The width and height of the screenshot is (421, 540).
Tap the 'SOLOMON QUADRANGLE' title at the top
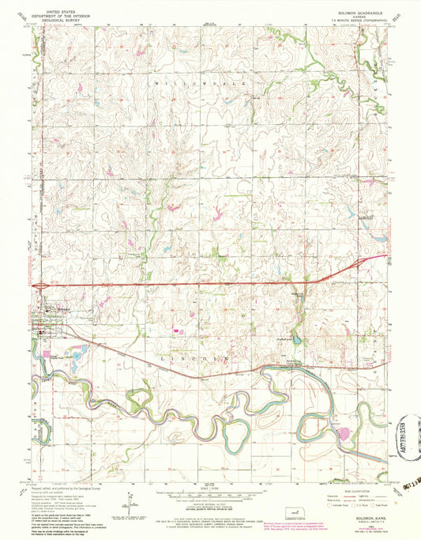pyautogui.click(x=360, y=10)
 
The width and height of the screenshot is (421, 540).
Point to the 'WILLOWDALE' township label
pyautogui.click(x=201, y=82)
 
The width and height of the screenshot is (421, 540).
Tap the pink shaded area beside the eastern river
pyautogui.click(x=344, y=432)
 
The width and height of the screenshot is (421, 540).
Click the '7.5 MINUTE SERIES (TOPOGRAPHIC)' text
pyautogui.click(x=360, y=18)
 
